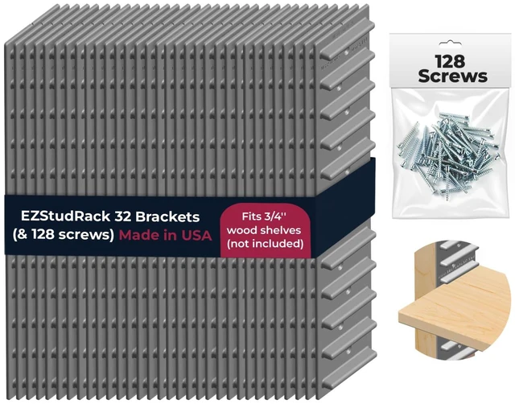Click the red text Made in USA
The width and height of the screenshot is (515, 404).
tap(165, 235)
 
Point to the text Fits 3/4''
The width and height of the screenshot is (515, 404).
tap(265, 216)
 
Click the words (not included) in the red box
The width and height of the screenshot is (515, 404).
tap(265, 244)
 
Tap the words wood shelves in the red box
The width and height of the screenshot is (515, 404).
tap(264, 230)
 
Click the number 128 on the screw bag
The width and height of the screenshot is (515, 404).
tap(450, 61)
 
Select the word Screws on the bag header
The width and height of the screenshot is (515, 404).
tap(452, 76)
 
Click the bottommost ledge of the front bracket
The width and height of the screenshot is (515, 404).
tap(348, 369)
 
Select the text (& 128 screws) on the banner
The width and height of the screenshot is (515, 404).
tap(64, 235)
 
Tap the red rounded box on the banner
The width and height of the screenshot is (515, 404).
tap(265, 230)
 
